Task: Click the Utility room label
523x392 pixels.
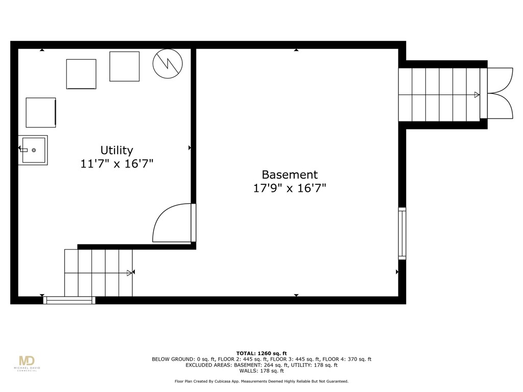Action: pyautogui.click(x=116, y=150)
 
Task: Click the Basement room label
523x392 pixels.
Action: pyautogui.click(x=290, y=175)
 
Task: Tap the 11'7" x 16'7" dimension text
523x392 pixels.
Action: pyautogui.click(x=116, y=164)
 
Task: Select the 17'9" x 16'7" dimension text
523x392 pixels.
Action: pyautogui.click(x=290, y=188)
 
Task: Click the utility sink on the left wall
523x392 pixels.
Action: pyautogui.click(x=34, y=150)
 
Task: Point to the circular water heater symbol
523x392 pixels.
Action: pyautogui.click(x=168, y=64)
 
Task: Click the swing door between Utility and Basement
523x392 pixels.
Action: pyautogui.click(x=174, y=223)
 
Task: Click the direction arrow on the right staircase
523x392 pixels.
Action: pyautogui.click(x=477, y=94)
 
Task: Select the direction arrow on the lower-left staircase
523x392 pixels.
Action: pyautogui.click(x=130, y=273)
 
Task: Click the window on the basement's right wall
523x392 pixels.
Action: pyautogui.click(x=402, y=233)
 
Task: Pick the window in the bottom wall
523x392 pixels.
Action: pyautogui.click(x=69, y=300)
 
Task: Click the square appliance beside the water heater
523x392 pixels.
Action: pyautogui.click(x=124, y=66)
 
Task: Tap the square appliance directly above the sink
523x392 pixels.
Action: pyautogui.click(x=41, y=112)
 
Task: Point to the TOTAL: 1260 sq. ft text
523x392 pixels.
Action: pyautogui.click(x=261, y=353)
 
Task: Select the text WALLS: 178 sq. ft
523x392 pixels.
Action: pyautogui.click(x=261, y=371)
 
